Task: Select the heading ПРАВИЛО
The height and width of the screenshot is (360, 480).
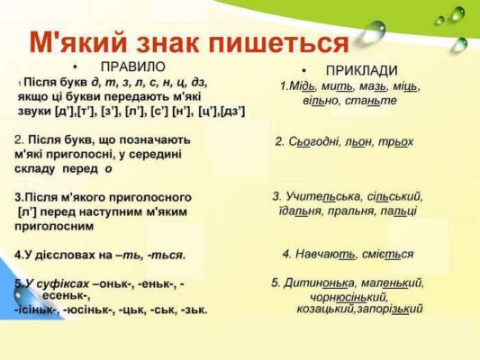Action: point(133,67)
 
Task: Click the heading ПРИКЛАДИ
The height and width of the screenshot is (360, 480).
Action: point(361,71)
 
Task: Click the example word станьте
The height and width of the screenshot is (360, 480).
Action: point(371,100)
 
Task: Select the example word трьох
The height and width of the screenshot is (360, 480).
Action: point(396,142)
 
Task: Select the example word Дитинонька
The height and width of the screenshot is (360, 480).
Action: point(320,283)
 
